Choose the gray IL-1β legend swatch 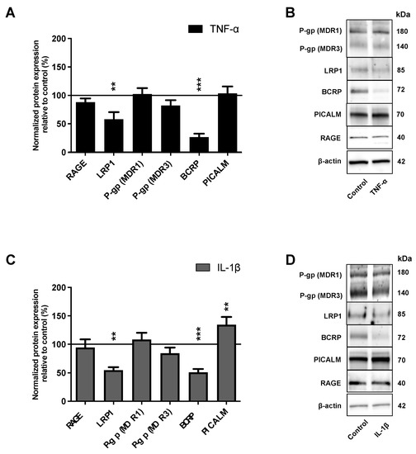(x=198, y=269)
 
